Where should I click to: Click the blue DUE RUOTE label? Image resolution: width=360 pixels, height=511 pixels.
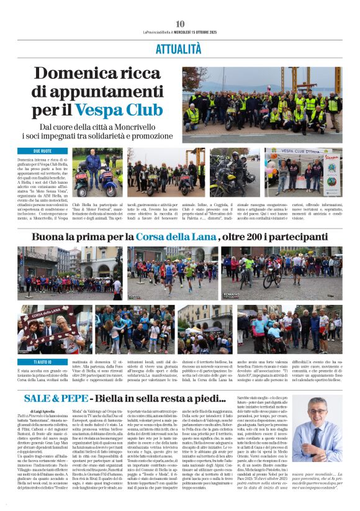(x=42, y=151)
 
